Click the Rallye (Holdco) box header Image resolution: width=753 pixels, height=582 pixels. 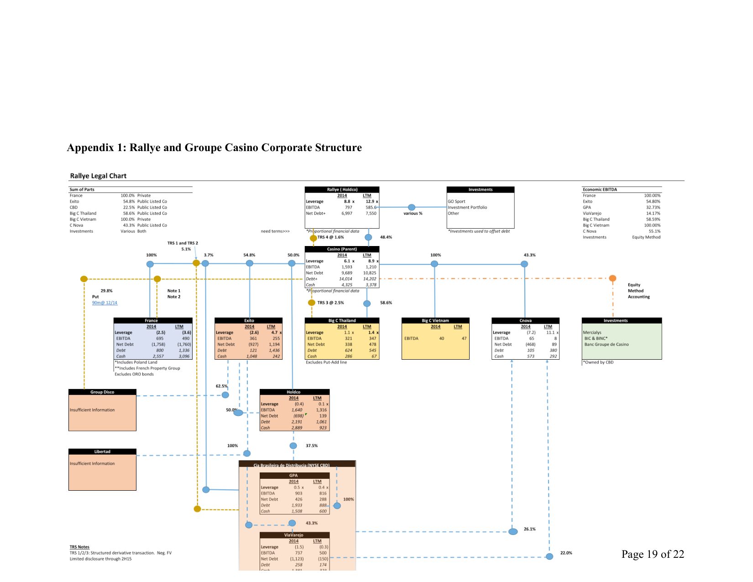point(342,189)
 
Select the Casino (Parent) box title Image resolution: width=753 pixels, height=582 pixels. point(342,249)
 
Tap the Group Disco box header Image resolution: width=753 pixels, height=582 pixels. point(102,392)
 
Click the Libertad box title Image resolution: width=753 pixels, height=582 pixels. point(102,452)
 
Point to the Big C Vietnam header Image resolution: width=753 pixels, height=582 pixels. point(435,320)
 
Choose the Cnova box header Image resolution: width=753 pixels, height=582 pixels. point(525,320)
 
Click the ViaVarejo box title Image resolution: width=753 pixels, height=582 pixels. point(293,535)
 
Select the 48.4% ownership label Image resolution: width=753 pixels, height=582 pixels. point(386,237)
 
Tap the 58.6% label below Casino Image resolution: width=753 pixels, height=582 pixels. point(386,303)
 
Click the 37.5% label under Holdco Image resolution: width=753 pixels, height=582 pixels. point(312,446)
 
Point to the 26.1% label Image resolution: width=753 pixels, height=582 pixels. point(529,529)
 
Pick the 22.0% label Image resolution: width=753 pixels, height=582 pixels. point(566,553)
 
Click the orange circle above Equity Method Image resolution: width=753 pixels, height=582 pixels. point(612,278)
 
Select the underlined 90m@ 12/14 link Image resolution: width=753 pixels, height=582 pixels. point(105,303)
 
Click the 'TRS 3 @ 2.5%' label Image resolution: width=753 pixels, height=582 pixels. point(330,303)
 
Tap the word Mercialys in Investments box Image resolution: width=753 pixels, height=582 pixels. point(592,332)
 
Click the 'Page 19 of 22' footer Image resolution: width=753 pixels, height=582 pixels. point(652,554)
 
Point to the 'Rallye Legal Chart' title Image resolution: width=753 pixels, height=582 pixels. point(98,176)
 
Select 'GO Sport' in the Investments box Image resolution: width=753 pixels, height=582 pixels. point(456,201)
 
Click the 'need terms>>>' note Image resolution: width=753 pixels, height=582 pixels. point(275,231)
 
